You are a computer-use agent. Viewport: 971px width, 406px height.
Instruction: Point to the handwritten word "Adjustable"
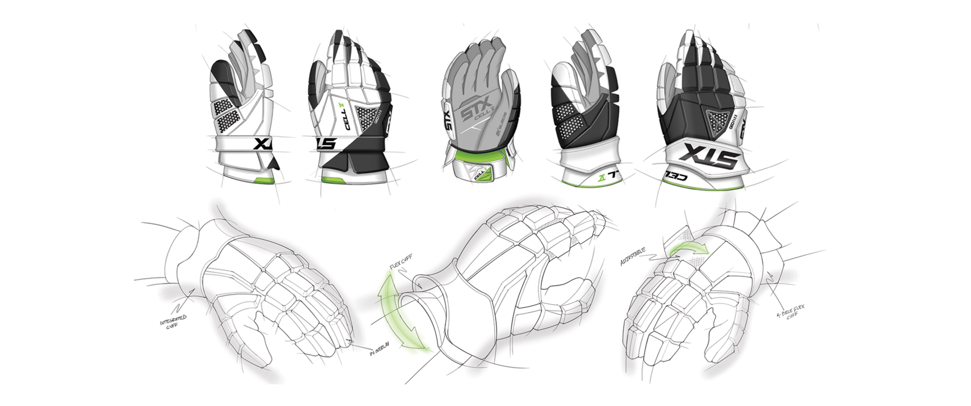pos(633,256)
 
